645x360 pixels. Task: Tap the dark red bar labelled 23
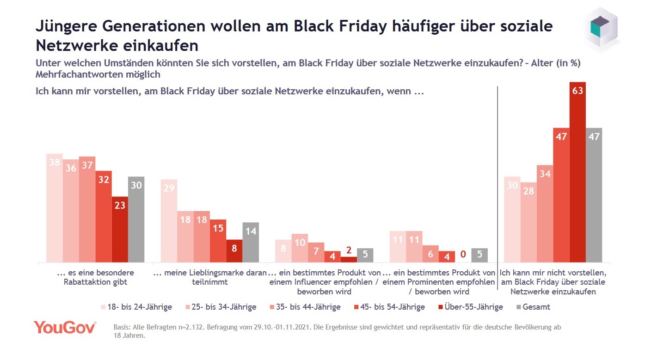tap(120, 229)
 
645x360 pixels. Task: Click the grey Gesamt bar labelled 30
tap(136, 220)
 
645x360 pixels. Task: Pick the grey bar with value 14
tap(251, 242)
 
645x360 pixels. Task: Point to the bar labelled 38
tap(54, 208)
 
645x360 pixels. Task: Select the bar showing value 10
tap(299, 248)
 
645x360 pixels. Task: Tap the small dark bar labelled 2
tap(349, 259)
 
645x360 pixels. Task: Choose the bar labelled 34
tap(545, 214)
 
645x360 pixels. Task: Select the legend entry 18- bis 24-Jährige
tap(136, 307)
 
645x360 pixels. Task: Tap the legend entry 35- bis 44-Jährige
tap(305, 307)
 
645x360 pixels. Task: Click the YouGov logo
tap(65, 328)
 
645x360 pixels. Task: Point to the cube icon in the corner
tap(602, 29)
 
